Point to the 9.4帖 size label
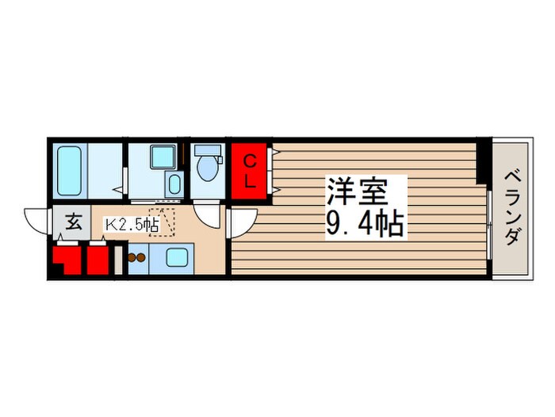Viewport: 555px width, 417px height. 365,225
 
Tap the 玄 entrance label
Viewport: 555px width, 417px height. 73,222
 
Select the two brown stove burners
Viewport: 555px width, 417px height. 137,257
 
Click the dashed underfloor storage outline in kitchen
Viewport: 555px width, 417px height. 163,224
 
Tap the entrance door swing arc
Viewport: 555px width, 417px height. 37,218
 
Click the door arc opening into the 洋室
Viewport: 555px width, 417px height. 242,222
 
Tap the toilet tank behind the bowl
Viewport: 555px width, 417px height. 209,149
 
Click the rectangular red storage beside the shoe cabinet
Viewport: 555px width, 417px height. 98,260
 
